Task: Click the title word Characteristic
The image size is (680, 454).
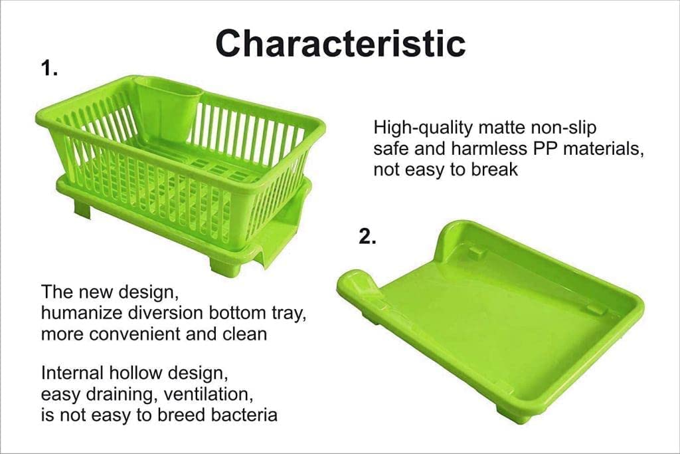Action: pyautogui.click(x=340, y=43)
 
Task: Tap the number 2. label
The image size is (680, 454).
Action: pyautogui.click(x=367, y=237)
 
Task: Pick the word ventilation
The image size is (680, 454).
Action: pyautogui.click(x=205, y=394)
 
